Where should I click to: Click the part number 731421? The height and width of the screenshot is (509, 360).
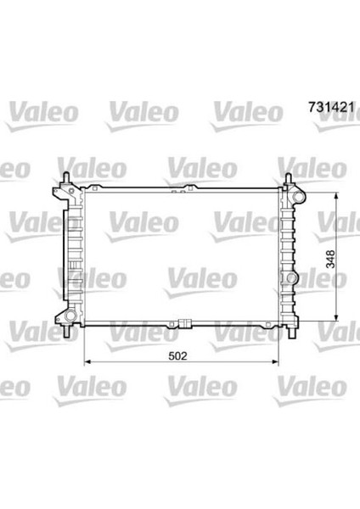point(331,108)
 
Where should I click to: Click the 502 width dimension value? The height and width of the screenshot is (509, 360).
point(177,356)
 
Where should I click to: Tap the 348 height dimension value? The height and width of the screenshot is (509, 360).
point(330,259)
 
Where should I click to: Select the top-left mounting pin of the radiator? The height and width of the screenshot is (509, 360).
point(66,178)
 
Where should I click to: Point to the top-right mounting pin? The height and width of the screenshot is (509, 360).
point(288,179)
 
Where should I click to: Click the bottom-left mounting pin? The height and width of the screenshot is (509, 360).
point(67,331)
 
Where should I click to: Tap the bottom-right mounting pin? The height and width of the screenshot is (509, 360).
point(291,332)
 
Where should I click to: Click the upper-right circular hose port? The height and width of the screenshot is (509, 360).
point(298,197)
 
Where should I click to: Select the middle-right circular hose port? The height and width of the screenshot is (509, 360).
point(291,278)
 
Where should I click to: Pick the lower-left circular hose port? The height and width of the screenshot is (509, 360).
point(70,316)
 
